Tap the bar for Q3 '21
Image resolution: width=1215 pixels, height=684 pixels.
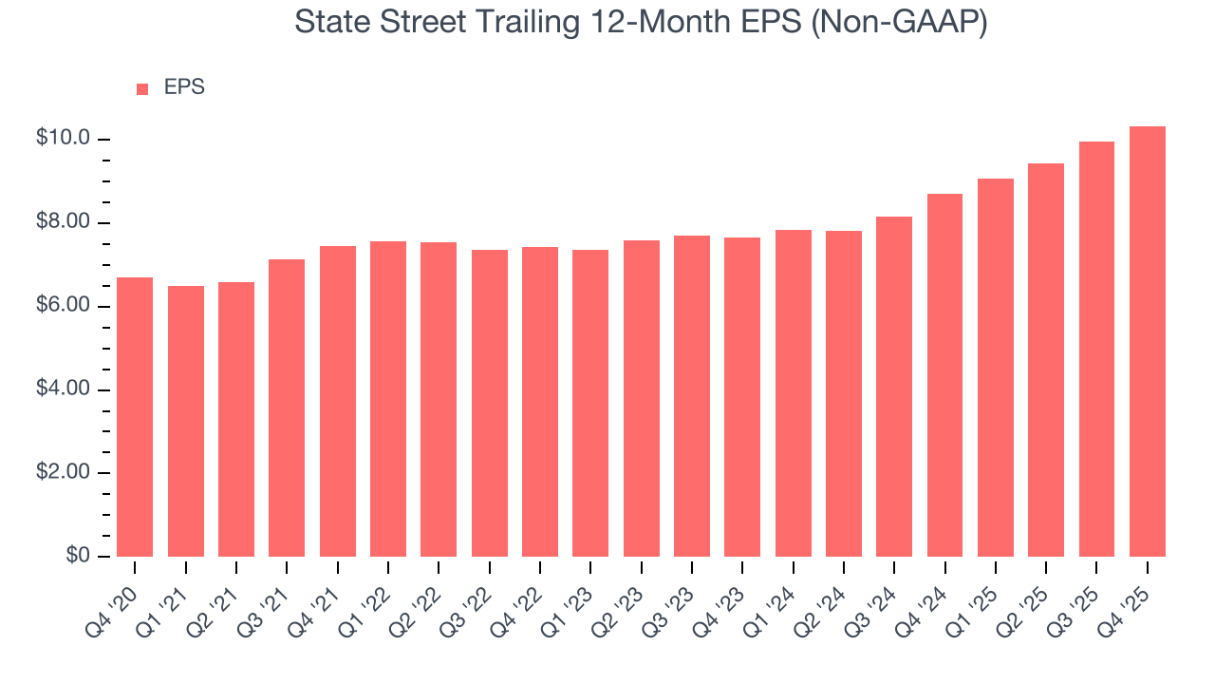point(287,408)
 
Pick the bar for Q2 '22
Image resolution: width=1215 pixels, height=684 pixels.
point(439,399)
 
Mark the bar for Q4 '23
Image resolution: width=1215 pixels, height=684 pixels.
point(742,396)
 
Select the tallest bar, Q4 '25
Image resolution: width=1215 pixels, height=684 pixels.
point(1148,341)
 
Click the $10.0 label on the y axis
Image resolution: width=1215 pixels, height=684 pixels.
point(63,139)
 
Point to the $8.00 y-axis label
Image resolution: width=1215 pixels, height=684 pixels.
point(63,222)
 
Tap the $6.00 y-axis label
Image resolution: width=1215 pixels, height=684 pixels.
point(63,306)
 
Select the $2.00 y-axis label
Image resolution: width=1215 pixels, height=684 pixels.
point(63,472)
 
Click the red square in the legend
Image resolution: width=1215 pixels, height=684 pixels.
point(142,88)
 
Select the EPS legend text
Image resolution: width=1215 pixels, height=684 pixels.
point(184,87)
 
